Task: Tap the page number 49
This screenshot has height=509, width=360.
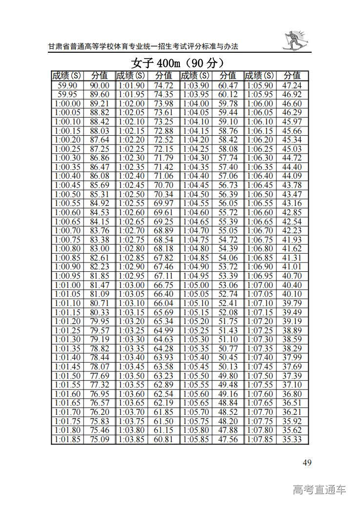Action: (307, 463)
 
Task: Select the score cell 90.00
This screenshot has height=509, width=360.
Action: (99, 85)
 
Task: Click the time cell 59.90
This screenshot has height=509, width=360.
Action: (67, 85)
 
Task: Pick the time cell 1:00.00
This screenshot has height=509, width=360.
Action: (67, 103)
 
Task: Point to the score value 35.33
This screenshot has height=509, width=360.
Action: (292, 440)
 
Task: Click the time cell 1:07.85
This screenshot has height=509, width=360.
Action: (260, 440)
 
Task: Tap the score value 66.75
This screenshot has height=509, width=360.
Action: (164, 285)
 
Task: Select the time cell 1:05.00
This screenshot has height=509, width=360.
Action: (195, 285)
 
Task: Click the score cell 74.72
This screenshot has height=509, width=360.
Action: (164, 85)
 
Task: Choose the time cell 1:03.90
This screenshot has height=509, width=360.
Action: (195, 85)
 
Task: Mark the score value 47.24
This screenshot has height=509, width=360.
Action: (292, 85)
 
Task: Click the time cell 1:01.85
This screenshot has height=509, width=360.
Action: (67, 440)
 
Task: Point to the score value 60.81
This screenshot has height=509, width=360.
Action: (164, 440)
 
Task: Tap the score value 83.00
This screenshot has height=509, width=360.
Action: (99, 248)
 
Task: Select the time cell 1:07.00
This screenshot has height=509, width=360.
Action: (260, 285)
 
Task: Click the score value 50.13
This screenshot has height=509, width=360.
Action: (228, 367)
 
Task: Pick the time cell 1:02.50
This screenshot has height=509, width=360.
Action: (131, 194)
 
